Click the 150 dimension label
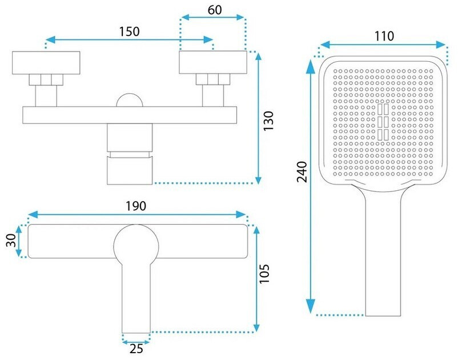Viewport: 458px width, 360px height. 130,31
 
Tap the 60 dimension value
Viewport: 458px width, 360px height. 215,10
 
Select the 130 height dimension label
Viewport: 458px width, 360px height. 268,121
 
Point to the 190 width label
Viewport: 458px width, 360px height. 136,206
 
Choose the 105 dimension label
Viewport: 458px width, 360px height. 264,274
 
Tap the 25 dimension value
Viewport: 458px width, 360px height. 136,349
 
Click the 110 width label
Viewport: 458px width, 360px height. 384,36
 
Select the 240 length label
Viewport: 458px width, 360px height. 302,172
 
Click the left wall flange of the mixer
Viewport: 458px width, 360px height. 46,63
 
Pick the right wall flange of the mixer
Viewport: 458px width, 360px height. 213,62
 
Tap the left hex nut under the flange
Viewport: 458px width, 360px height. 46,80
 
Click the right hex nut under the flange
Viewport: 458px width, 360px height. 213,79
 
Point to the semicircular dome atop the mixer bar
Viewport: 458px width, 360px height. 130,100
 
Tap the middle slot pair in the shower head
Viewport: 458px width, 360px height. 383,122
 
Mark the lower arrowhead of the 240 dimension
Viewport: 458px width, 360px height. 312,306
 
